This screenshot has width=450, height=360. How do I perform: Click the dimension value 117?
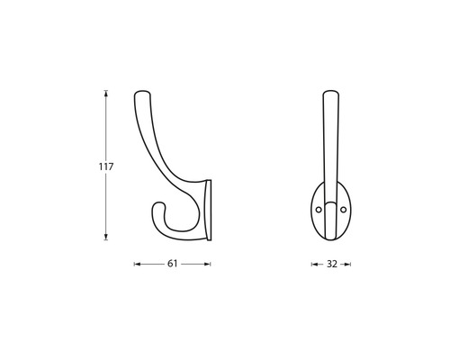106,166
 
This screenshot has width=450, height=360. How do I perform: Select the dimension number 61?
172,265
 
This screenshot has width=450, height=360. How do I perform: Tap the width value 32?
331,265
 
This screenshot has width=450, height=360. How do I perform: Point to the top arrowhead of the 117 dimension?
106,93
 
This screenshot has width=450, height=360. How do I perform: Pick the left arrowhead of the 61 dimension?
137,265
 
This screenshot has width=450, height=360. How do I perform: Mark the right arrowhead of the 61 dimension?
208,265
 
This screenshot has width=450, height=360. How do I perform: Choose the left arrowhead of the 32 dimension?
314,265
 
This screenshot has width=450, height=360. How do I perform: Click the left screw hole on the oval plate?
318,209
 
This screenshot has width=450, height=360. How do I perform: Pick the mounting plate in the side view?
210,210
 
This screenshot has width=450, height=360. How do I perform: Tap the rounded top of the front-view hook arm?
330,93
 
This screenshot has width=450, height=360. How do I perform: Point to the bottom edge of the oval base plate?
330,241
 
